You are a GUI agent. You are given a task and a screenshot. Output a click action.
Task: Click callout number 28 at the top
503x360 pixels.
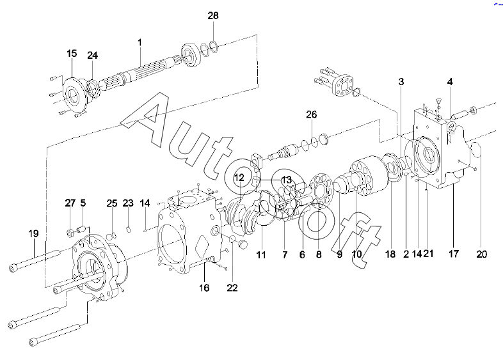(213, 16)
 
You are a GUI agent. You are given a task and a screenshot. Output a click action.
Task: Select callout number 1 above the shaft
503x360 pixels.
(140, 42)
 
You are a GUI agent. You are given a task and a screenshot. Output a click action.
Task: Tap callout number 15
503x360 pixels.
(72, 53)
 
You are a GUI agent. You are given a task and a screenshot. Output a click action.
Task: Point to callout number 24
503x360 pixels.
(92, 56)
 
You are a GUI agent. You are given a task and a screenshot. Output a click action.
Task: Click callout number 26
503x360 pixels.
(311, 114)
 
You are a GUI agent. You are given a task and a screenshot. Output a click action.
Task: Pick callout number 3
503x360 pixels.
(401, 82)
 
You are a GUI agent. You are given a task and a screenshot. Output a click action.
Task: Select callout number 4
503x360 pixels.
(450, 82)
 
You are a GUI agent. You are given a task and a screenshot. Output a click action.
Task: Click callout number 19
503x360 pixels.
(34, 233)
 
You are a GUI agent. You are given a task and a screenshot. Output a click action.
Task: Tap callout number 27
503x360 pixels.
(70, 203)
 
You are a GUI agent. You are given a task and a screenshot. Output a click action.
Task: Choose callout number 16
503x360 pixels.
(204, 288)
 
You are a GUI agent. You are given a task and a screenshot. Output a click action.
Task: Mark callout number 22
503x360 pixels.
(232, 288)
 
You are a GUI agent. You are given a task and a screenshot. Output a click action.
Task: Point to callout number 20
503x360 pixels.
(481, 254)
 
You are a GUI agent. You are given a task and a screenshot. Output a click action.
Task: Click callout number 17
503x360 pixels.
(453, 254)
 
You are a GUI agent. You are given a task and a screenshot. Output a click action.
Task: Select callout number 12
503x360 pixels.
(239, 178)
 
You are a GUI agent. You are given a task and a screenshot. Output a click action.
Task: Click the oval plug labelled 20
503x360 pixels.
(476, 150)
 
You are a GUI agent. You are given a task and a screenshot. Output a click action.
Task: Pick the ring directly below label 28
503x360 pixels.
(214, 46)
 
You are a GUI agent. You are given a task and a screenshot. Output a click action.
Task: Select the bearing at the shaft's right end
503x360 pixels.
(191, 55)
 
